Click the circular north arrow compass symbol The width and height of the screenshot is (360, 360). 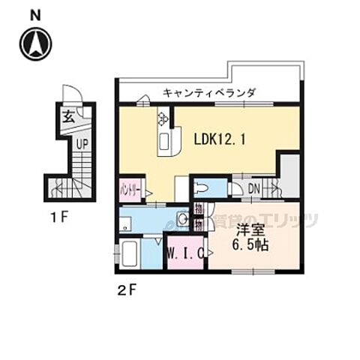36,43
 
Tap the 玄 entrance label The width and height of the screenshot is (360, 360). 67,116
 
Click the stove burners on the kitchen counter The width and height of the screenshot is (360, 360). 162,118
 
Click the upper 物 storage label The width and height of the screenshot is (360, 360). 198,208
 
